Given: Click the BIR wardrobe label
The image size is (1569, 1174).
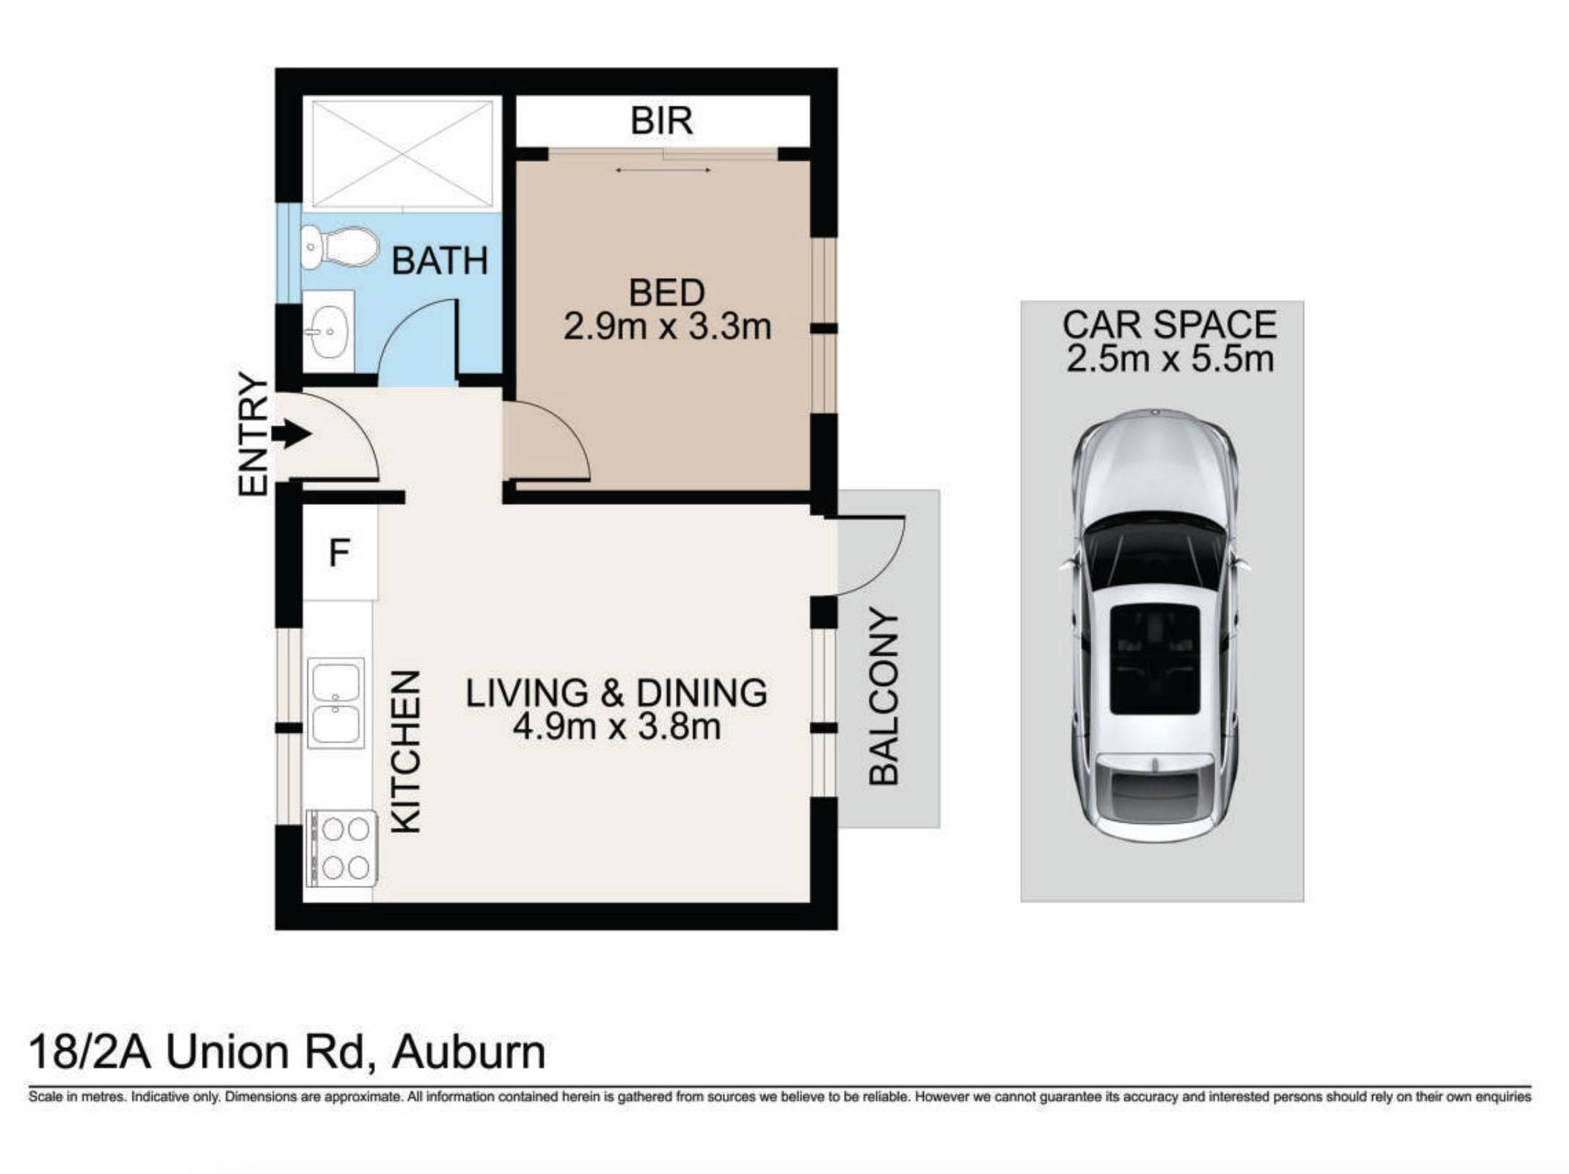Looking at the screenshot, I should pyautogui.click(x=661, y=121).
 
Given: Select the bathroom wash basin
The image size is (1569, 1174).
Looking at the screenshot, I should pyautogui.click(x=329, y=332).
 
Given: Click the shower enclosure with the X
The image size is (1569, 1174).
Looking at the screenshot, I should pyautogui.click(x=402, y=153).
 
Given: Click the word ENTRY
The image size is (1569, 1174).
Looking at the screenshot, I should pyautogui.click(x=254, y=434).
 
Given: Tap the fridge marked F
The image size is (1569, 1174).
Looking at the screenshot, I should pyautogui.click(x=339, y=553).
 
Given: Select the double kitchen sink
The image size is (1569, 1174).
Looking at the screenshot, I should pyautogui.click(x=335, y=703).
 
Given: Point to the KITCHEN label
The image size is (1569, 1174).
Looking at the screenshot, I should pyautogui.click(x=405, y=751).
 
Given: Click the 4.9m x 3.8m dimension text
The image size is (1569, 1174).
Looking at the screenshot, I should pyautogui.click(x=616, y=727).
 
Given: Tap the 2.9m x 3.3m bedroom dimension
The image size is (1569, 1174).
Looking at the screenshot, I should pyautogui.click(x=667, y=327).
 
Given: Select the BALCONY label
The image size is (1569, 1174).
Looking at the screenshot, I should pyautogui.click(x=884, y=696).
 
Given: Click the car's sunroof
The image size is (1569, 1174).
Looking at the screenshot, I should pyautogui.click(x=1154, y=660).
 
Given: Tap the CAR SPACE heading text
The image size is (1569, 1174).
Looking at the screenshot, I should pyautogui.click(x=1169, y=325).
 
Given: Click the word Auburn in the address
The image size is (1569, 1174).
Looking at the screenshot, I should pyautogui.click(x=469, y=1051).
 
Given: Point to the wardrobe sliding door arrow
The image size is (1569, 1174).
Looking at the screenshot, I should pyautogui.click(x=663, y=170).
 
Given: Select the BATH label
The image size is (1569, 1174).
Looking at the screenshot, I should pyautogui.click(x=440, y=261).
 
